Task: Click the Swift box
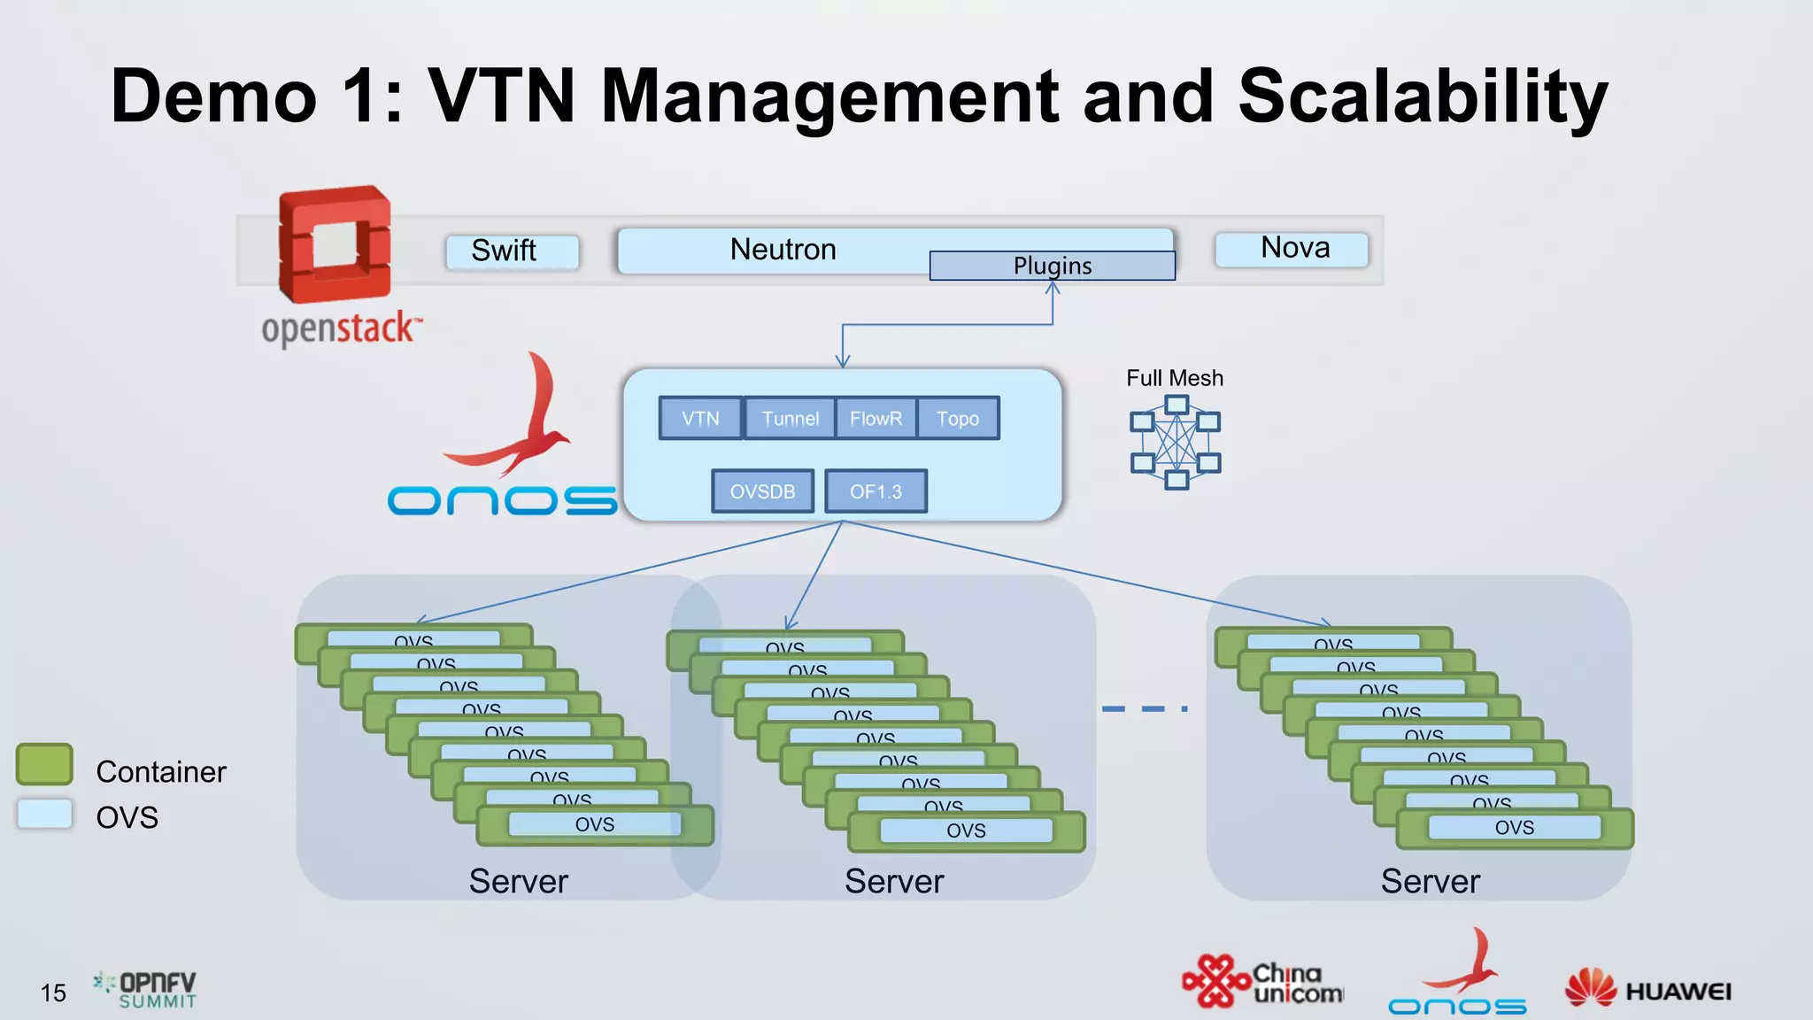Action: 512,251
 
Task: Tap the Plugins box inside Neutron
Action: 1052,266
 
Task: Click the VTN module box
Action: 700,418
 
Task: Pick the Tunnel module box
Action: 790,418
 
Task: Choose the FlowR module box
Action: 876,418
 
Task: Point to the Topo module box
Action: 958,418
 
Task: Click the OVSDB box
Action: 762,491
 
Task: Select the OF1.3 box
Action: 876,491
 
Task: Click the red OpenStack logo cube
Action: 335,245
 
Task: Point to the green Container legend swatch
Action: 44,764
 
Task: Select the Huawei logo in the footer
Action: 1648,990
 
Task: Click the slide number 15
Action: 53,993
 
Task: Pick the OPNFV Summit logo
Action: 146,990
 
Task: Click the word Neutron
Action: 783,250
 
